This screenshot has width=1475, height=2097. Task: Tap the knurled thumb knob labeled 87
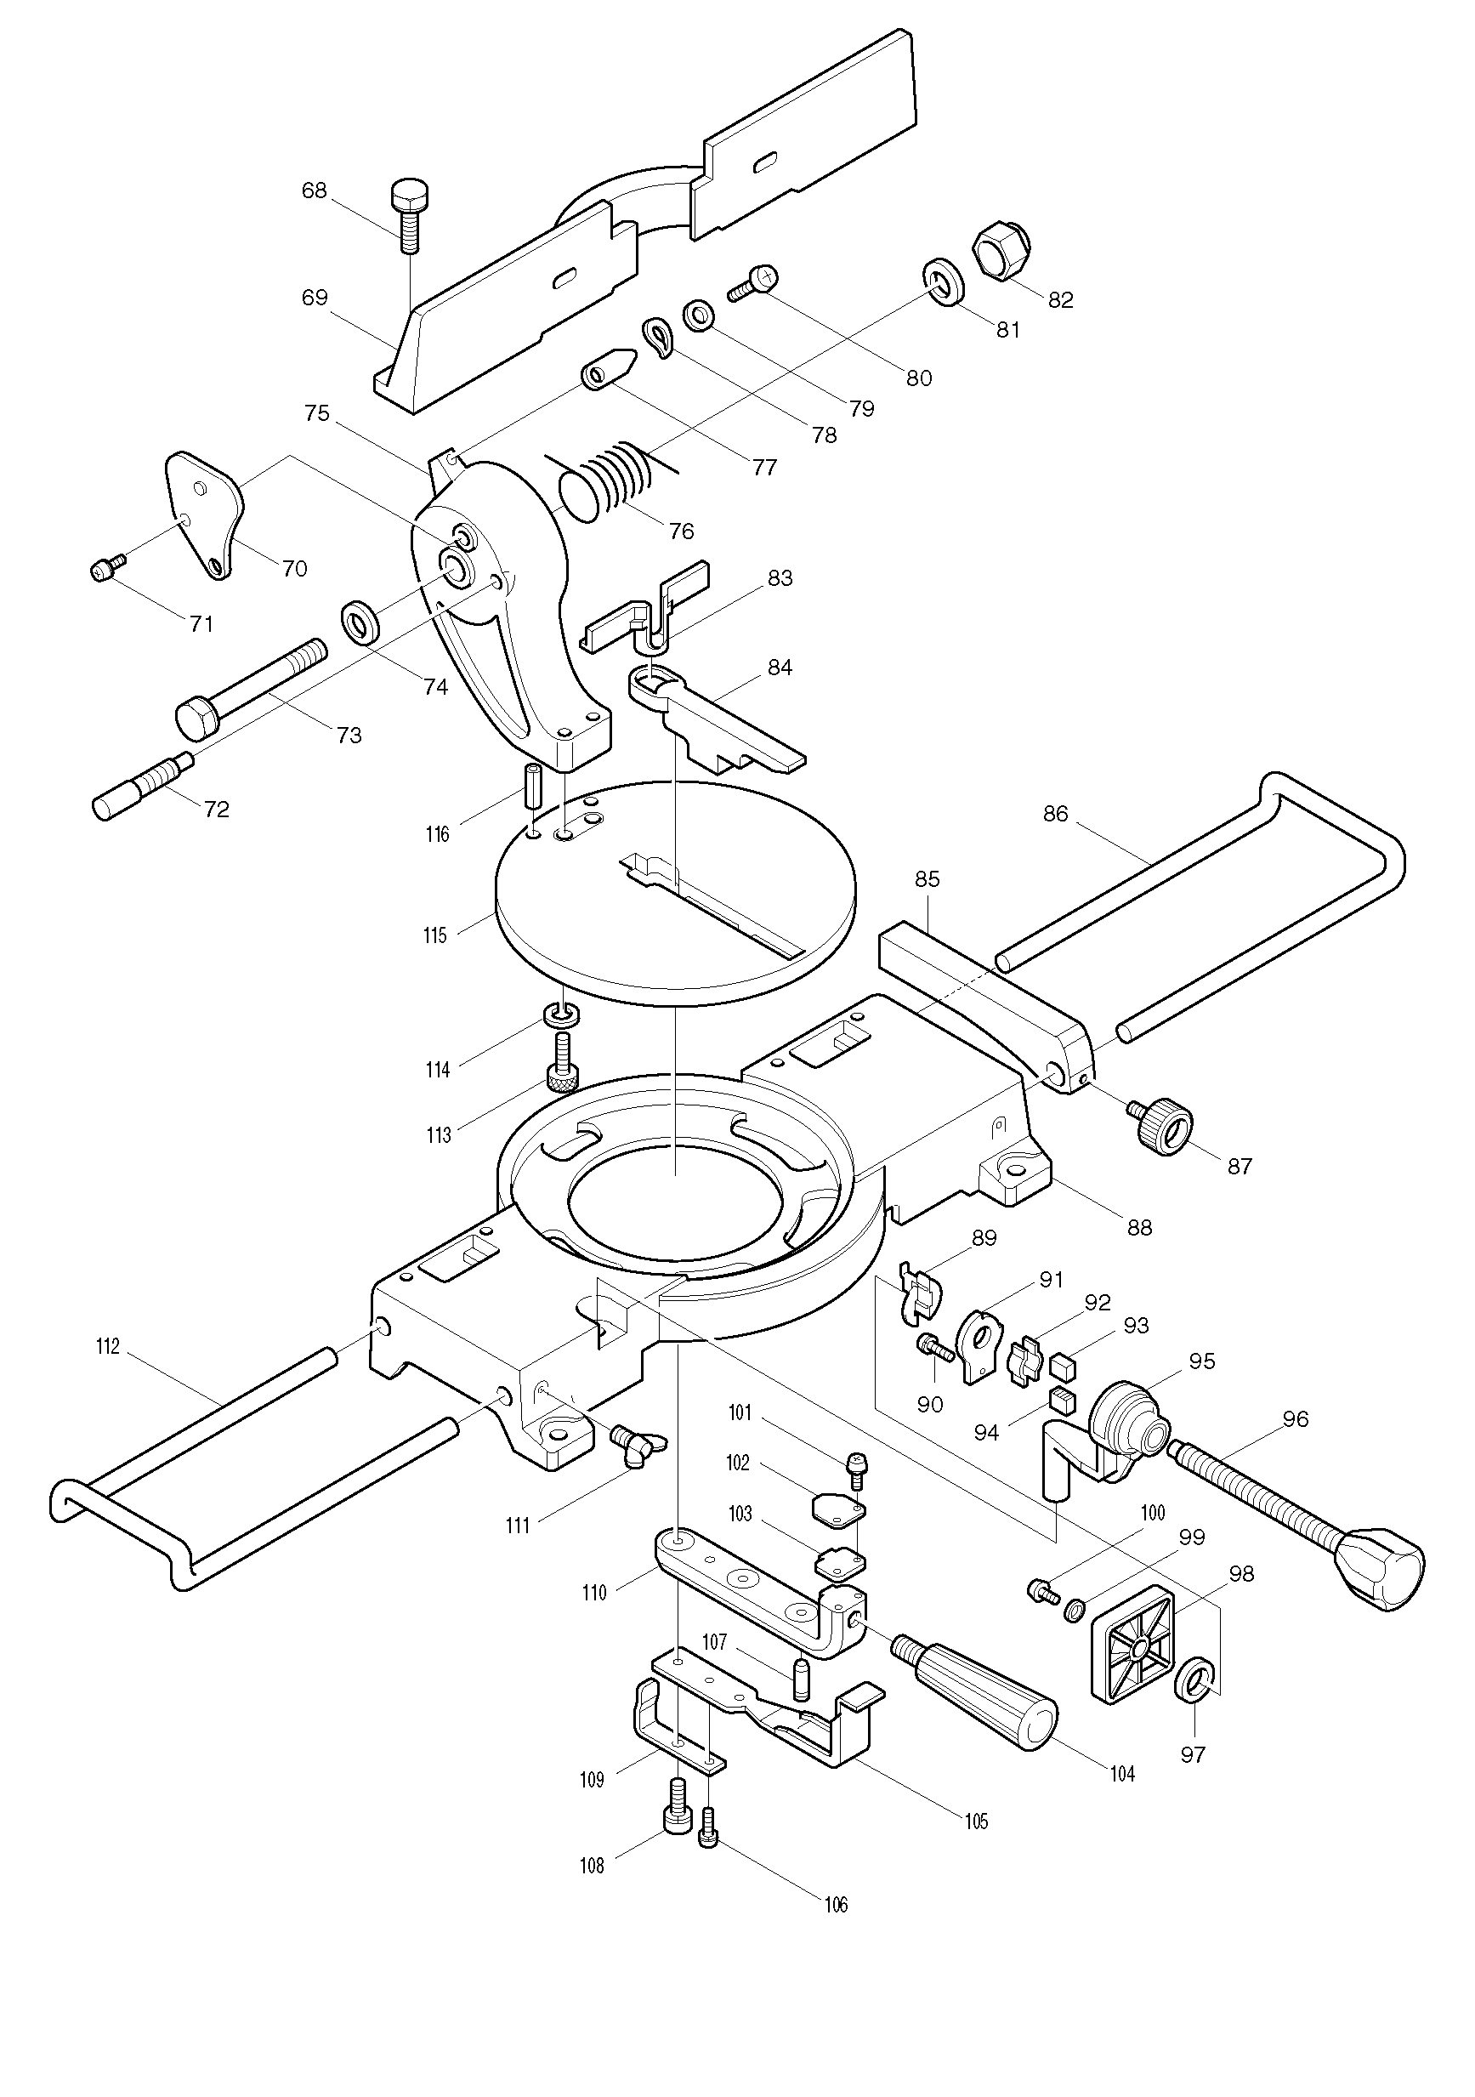[1166, 1125]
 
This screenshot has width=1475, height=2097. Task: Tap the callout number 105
[976, 1822]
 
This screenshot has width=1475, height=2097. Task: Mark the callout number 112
[108, 1347]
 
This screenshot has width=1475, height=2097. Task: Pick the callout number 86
[1055, 814]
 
